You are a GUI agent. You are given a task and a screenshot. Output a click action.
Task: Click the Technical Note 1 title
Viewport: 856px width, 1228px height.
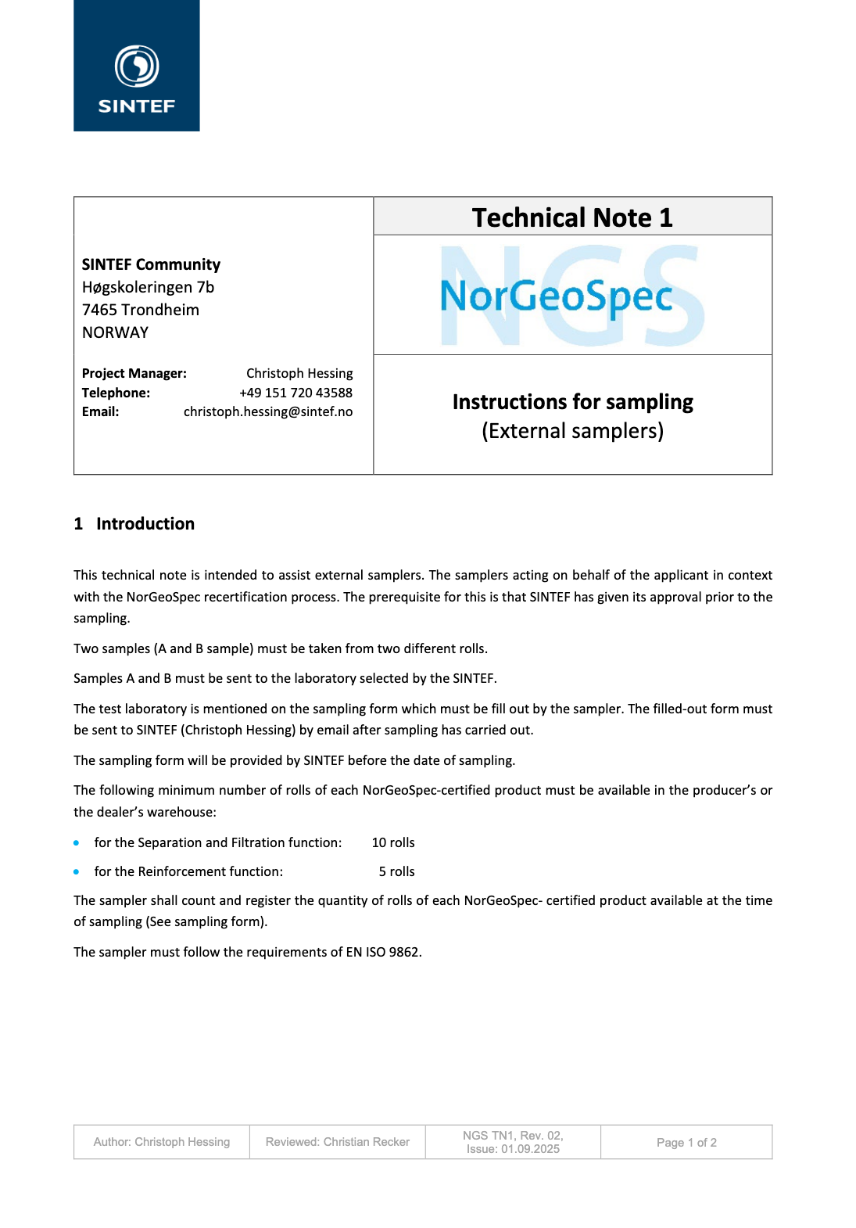(x=572, y=217)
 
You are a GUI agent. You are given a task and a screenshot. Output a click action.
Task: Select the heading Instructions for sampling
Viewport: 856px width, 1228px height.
(x=572, y=402)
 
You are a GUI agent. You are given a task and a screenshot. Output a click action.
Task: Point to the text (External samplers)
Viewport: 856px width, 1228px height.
(x=572, y=431)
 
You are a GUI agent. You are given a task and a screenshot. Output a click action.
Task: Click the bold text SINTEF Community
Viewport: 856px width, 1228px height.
(x=151, y=264)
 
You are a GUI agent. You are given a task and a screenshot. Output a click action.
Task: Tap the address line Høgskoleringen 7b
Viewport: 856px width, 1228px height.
(x=148, y=287)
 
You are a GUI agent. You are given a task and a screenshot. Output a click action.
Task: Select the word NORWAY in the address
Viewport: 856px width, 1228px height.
(x=115, y=332)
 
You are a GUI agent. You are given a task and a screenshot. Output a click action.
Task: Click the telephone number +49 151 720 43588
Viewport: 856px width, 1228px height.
(x=295, y=393)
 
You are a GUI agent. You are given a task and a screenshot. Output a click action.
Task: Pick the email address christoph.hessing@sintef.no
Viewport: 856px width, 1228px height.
(x=268, y=411)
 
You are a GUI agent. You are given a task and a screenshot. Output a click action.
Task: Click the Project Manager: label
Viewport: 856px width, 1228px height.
(x=134, y=373)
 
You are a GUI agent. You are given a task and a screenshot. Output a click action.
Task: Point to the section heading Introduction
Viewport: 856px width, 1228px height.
(x=145, y=524)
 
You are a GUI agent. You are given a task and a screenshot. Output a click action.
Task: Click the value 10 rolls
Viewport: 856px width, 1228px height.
(x=393, y=842)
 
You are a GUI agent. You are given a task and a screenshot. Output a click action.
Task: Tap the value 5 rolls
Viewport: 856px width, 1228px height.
(x=396, y=871)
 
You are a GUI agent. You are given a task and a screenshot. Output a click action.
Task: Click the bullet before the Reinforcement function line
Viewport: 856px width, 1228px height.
(x=77, y=871)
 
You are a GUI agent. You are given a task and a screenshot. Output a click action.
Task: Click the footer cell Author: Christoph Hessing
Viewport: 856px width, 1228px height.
(x=162, y=1142)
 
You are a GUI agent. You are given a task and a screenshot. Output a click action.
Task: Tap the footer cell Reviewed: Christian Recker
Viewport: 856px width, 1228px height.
(x=337, y=1142)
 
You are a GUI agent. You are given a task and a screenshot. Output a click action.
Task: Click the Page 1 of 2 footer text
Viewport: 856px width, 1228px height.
(x=686, y=1143)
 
